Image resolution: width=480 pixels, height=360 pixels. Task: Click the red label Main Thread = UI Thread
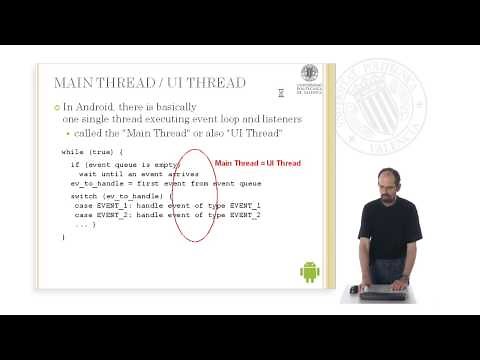click(258, 163)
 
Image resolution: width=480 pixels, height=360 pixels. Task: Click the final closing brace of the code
click(63, 237)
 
